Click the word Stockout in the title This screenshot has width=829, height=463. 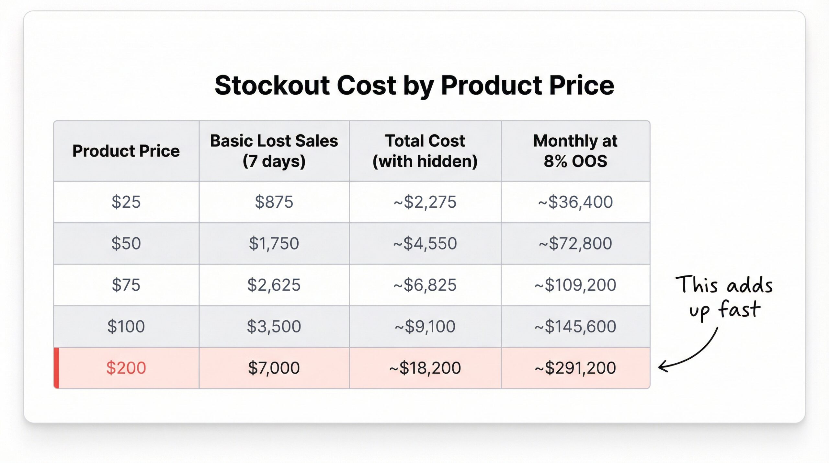point(272,86)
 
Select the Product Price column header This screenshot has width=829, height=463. point(126,151)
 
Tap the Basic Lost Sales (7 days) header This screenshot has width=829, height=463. point(274,151)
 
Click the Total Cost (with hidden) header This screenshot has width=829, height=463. point(425,151)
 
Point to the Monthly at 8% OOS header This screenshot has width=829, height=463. point(575,151)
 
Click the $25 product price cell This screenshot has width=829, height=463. point(126,202)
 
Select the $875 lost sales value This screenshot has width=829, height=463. point(274,202)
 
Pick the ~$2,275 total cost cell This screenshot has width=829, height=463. point(425,202)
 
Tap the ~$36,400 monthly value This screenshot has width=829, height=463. point(575,202)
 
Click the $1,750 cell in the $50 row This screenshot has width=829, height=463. point(274,243)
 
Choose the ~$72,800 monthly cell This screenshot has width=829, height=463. point(575,243)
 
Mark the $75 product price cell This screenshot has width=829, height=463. point(126,285)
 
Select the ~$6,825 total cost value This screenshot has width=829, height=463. point(425,285)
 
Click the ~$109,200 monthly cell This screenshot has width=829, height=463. point(575,285)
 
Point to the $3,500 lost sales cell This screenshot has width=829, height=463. point(274,326)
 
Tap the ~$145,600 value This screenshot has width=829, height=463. point(575,326)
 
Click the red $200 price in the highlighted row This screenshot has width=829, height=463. point(126,368)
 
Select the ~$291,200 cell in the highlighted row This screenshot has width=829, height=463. point(575,368)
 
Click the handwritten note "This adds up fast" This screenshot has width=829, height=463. point(724,296)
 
